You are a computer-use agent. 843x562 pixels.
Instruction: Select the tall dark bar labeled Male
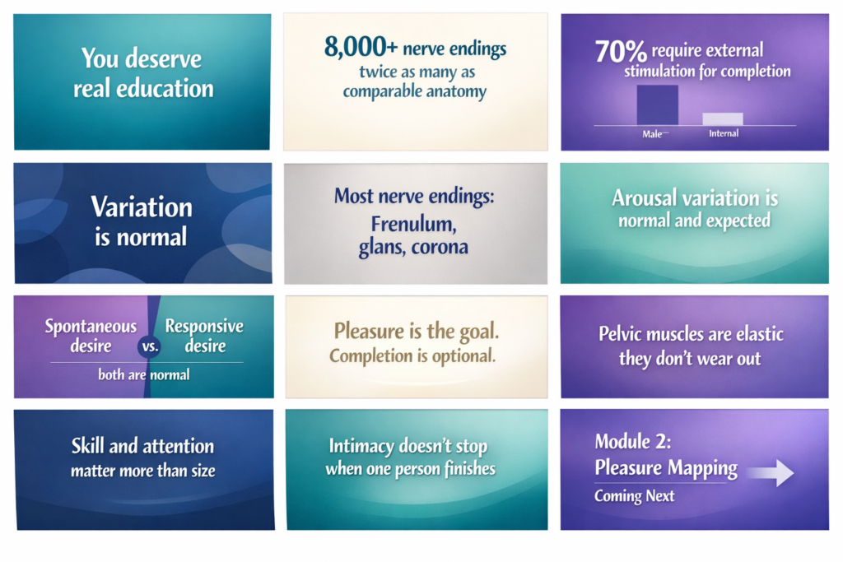coord(657,105)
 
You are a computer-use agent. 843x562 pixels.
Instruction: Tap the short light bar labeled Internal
coord(723,118)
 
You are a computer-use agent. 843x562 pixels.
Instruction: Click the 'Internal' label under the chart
coord(724,133)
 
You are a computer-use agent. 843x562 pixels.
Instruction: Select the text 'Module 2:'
coord(633,442)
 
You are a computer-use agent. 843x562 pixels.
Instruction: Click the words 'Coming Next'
coord(634,496)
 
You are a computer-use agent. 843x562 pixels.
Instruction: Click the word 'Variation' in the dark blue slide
coord(142,207)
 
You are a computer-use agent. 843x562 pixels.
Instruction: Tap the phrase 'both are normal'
coord(144,375)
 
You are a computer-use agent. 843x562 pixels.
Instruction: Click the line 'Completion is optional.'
coord(412,357)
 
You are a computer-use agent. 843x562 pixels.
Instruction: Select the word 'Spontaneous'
coord(91,327)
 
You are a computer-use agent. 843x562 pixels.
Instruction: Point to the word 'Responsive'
coord(204,327)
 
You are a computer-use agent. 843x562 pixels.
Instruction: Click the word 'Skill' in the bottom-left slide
coord(89,447)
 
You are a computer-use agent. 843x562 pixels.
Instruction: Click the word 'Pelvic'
coord(625,335)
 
